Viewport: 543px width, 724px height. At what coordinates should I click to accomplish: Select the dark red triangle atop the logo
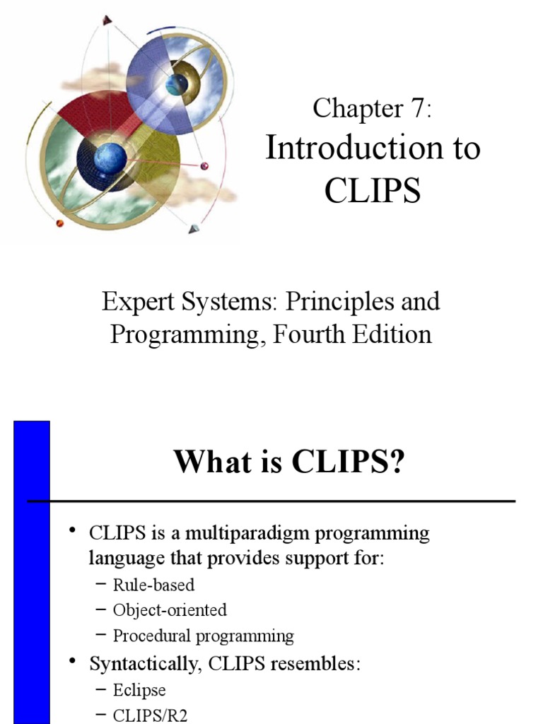(x=107, y=19)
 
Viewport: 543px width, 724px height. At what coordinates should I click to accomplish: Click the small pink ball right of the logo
(x=205, y=166)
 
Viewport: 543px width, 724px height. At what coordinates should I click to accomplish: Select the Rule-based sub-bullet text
(x=153, y=585)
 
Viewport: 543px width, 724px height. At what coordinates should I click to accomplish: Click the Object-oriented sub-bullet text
(x=170, y=609)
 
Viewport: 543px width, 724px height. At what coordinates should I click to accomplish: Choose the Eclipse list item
(x=139, y=689)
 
